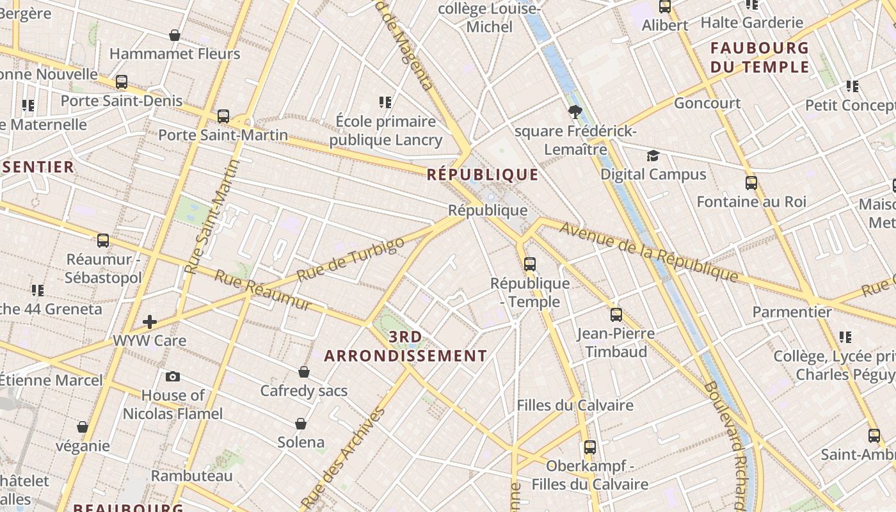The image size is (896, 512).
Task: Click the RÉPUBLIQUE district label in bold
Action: pos(483,174)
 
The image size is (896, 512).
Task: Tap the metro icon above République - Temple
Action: pos(529,264)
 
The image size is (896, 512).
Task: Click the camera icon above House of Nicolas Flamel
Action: pos(172,376)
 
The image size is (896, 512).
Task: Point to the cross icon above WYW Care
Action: pos(150,321)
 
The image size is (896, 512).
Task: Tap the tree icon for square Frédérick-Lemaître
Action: pos(575,112)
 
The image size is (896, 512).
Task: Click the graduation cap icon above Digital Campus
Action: pos(653,156)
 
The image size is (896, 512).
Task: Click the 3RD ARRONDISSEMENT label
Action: pos(406,346)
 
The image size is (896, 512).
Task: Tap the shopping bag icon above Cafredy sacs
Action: pos(304,372)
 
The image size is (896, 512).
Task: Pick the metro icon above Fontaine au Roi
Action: pos(751,183)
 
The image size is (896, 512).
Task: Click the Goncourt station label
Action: pos(707,103)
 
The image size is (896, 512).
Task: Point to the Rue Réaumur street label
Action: pos(262,290)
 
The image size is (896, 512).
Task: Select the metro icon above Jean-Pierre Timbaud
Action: pos(616,314)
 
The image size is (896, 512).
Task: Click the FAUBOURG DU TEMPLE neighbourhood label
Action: pos(760,57)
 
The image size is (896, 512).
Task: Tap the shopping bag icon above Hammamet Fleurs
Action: pos(175,35)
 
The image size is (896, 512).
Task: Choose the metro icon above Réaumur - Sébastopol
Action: pos(103,241)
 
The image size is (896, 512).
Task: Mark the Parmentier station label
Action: pos(792,312)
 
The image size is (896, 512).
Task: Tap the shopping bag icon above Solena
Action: pos(301,423)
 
